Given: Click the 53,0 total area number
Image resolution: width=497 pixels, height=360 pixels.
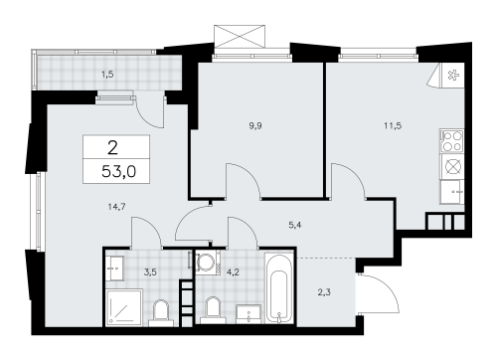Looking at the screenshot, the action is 118,172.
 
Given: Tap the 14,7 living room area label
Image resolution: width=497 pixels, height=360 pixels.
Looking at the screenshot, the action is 116,207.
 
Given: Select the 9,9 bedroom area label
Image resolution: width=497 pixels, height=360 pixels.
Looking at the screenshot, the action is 255,126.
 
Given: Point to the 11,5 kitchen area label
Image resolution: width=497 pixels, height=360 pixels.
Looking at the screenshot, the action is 393,126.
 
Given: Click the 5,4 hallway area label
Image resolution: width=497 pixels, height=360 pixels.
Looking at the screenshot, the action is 295,226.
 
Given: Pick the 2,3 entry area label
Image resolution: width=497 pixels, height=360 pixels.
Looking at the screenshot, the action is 324,292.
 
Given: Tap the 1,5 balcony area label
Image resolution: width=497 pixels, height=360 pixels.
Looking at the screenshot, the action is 107,75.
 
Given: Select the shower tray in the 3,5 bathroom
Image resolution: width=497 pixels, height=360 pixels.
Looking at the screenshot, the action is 124,306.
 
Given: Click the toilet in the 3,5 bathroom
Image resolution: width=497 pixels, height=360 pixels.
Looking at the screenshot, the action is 161,312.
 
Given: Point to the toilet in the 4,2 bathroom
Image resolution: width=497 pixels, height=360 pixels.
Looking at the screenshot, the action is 213,310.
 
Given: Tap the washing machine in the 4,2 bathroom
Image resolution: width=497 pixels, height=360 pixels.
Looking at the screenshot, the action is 208,262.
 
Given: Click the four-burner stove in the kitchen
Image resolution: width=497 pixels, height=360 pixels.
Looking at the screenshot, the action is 452,141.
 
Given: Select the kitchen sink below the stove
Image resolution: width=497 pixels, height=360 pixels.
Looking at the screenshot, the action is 452,192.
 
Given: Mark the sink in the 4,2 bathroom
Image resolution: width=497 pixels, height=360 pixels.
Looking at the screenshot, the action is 248,314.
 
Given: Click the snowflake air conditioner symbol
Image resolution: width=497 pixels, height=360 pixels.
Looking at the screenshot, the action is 452,76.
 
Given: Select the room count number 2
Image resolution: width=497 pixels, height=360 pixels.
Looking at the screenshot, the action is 112,148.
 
